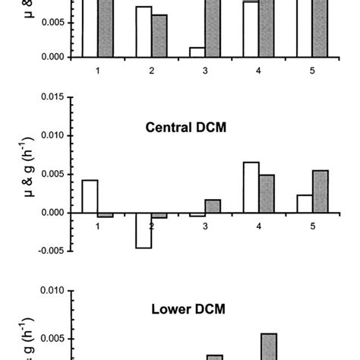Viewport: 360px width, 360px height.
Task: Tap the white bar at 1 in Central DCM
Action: (x=89, y=196)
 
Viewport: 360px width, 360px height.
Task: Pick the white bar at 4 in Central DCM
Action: (x=251, y=188)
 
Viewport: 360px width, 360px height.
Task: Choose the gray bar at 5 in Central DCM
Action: (x=321, y=191)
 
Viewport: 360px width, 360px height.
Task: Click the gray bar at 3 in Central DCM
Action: (x=213, y=206)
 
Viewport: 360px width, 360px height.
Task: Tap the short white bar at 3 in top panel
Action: (x=197, y=52)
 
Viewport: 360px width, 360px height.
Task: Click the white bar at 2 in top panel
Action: (x=144, y=31)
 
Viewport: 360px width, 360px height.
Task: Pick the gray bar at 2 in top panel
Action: (x=159, y=36)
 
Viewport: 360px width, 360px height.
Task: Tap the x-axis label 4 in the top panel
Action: (x=259, y=70)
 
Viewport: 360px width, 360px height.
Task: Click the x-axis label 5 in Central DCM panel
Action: (x=313, y=226)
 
